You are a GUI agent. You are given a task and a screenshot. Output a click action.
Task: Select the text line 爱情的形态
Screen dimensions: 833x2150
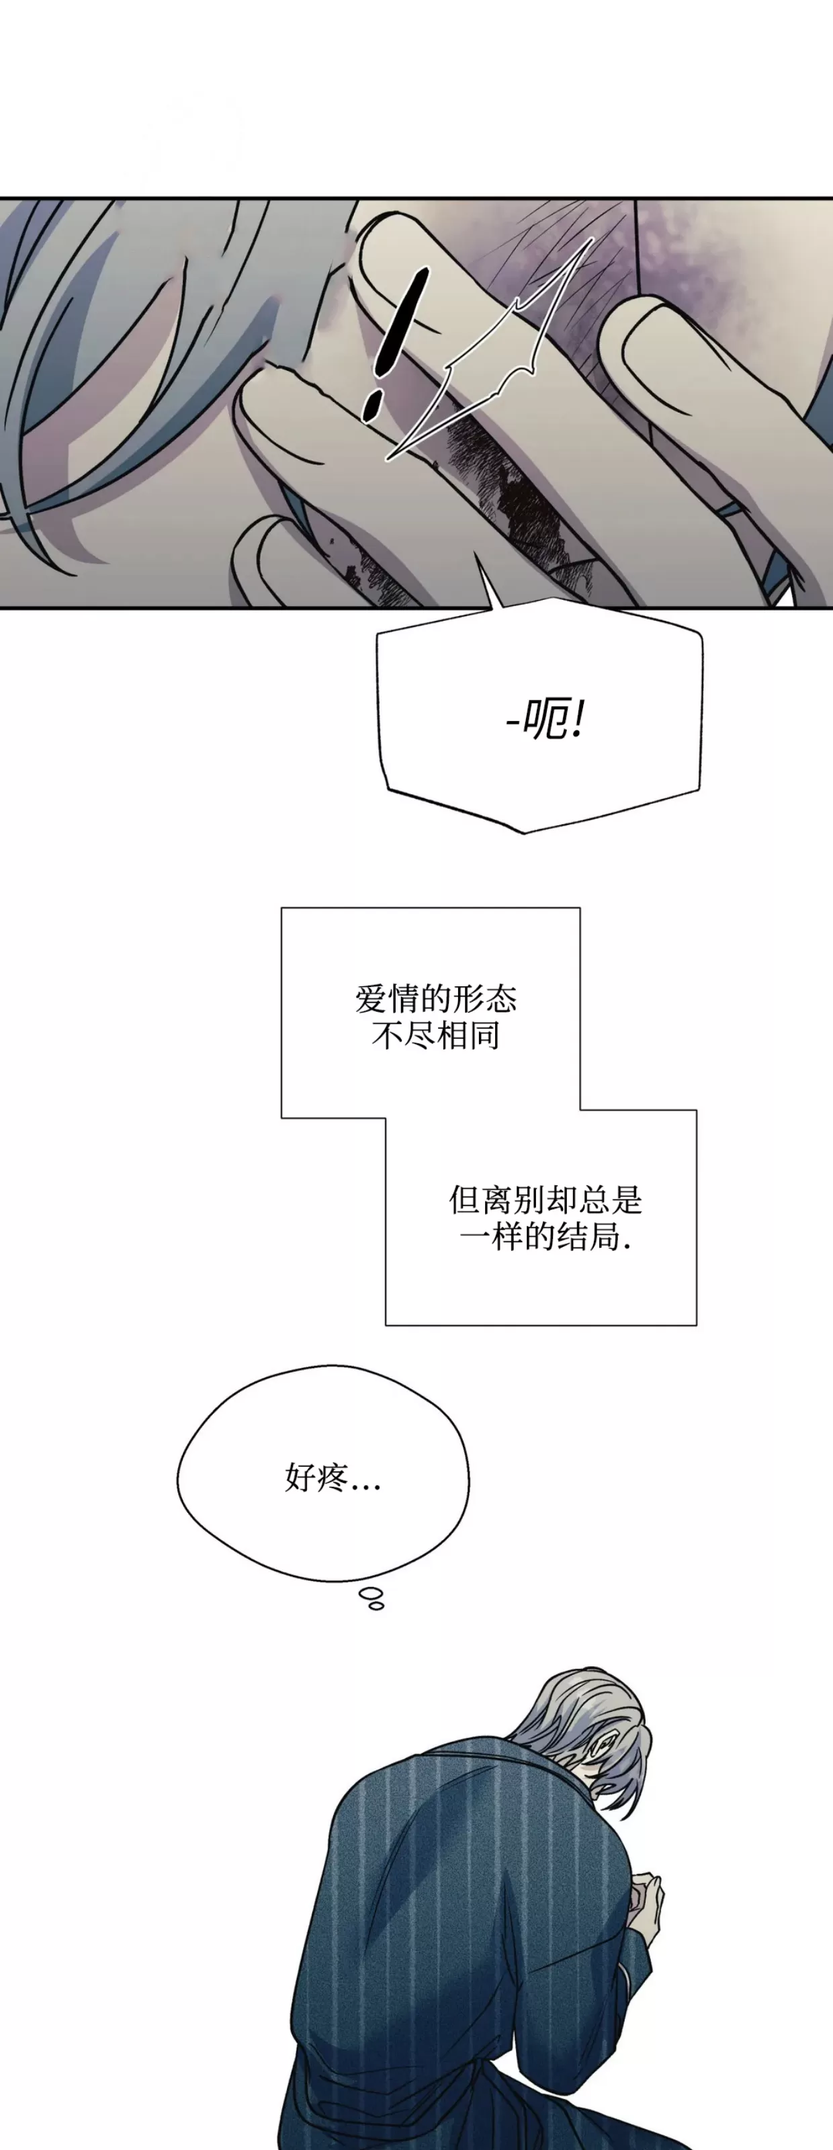pyautogui.click(x=437, y=998)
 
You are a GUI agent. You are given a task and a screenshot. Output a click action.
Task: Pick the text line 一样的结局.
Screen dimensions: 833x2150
pyautogui.click(x=545, y=1237)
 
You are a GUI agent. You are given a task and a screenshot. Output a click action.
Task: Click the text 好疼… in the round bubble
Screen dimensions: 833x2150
pyautogui.click(x=333, y=1478)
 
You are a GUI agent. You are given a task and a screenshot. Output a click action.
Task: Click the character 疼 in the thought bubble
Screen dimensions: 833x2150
pyautogui.click(x=333, y=1478)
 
